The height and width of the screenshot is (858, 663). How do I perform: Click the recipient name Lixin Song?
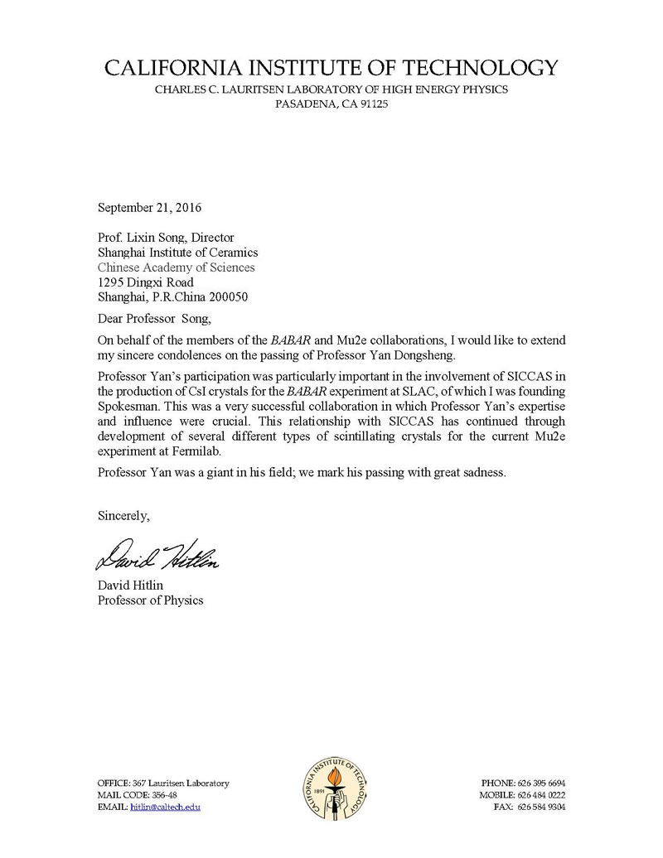coord(155,237)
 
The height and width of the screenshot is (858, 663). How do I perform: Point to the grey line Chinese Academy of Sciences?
coord(177,268)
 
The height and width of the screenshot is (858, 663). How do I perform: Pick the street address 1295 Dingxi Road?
coord(146,282)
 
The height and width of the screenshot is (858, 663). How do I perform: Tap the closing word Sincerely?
coord(123,516)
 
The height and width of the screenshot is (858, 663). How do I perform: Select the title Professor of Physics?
coord(150,600)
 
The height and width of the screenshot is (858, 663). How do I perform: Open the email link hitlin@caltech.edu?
coord(166,806)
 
